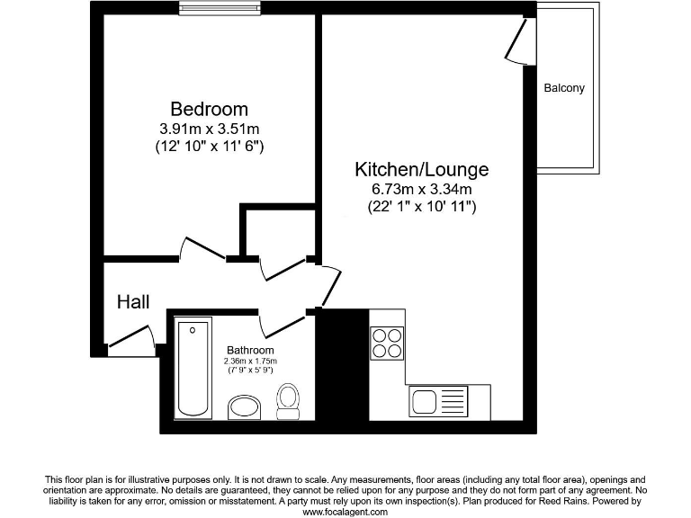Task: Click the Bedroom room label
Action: pos(209,109)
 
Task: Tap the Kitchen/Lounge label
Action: pos(421,169)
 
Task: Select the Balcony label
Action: pos(564,88)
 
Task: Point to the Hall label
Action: pos(133,302)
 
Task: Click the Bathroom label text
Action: pos(250,350)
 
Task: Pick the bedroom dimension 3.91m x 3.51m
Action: pos(209,129)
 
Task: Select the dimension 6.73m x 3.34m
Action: pos(421,189)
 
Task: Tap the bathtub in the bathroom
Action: pos(192,369)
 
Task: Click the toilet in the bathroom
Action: pos(289,401)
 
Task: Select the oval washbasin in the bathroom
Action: pos(244,407)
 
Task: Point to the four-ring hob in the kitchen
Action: pos(388,341)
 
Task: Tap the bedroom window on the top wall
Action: pos(211,9)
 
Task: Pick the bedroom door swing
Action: pos(203,248)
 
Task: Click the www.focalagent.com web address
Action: pos(345,512)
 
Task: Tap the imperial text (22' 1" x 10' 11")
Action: pos(421,207)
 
